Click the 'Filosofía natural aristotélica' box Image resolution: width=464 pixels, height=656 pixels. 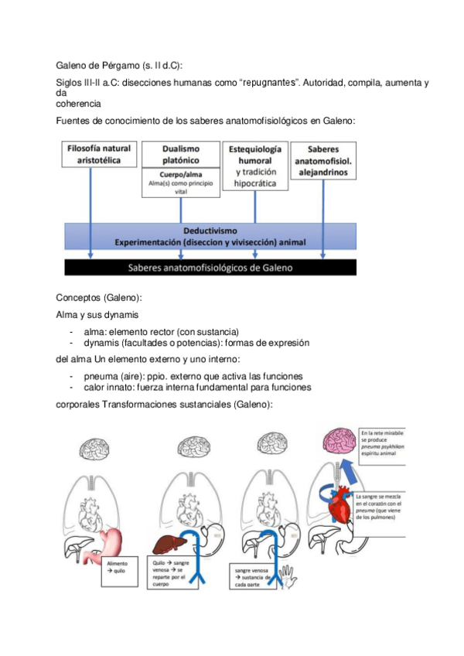[99, 153]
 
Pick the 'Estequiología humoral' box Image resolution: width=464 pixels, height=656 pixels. [254, 166]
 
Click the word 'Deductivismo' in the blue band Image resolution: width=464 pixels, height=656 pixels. [210, 231]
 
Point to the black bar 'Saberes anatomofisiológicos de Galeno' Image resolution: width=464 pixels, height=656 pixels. [210, 268]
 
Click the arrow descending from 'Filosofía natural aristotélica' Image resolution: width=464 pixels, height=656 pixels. [91, 209]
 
